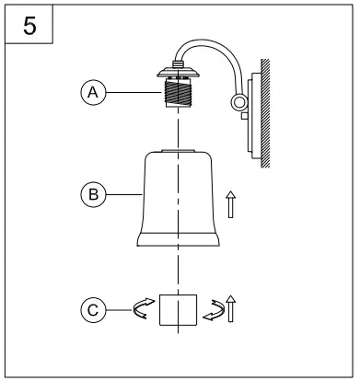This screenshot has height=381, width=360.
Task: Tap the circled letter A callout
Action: pos(90,92)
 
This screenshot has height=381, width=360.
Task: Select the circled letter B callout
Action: pos(90,194)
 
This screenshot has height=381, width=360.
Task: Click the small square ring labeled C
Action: pos(180,311)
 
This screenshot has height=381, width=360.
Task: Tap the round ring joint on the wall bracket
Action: pos(239,104)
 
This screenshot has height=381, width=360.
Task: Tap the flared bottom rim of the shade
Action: pos(180,241)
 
